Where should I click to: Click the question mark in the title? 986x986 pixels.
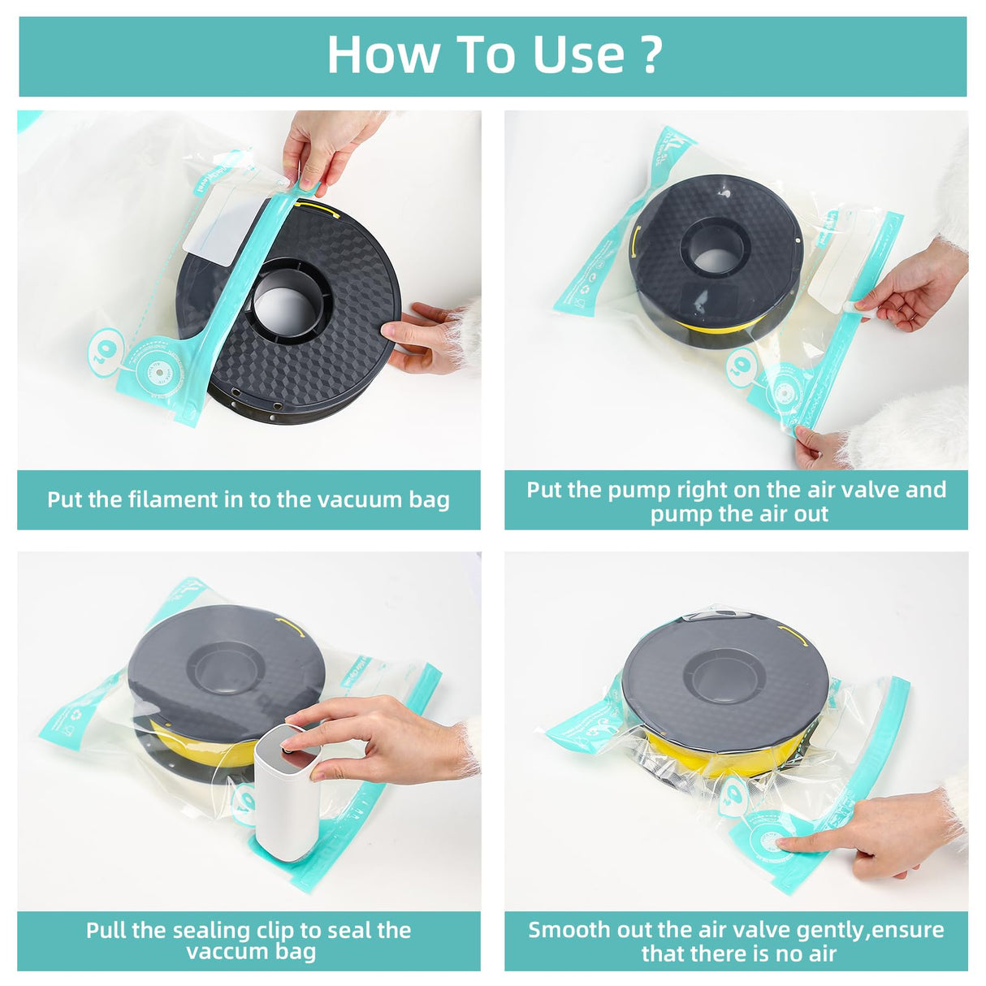[x=651, y=55]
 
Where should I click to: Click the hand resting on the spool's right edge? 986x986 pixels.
[x=422, y=337]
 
